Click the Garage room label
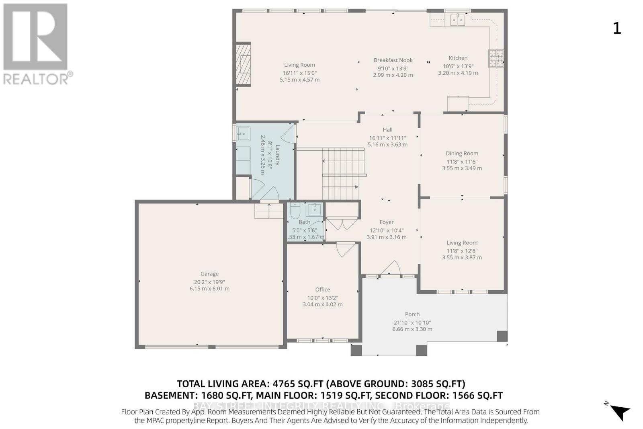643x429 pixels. [x=209, y=274]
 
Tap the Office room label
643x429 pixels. [x=322, y=289]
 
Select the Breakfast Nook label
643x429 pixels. [x=393, y=60]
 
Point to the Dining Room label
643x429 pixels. [x=462, y=153]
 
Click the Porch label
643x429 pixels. [x=412, y=314]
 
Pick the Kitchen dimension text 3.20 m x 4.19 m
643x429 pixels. [x=458, y=73]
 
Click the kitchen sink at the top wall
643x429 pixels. [x=457, y=19]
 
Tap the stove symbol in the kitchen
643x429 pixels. [x=496, y=58]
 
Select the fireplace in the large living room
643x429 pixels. [x=243, y=64]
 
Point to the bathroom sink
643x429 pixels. [x=314, y=209]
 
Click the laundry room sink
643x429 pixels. [x=243, y=133]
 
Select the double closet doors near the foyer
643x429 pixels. [x=342, y=223]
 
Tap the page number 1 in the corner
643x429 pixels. [x=617, y=28]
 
